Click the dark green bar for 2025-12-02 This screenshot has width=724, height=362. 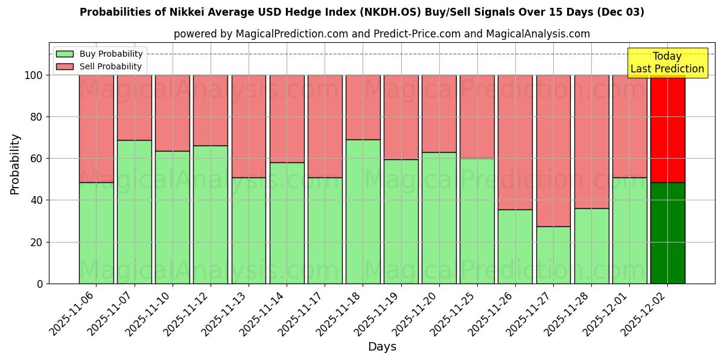667,233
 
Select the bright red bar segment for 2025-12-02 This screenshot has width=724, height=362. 667,129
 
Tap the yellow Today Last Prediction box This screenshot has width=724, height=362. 667,63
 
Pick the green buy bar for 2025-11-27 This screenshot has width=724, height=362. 553,255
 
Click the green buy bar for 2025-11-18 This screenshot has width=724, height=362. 363,211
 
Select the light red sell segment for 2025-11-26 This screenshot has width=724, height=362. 515,142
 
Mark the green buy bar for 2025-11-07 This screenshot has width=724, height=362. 134,212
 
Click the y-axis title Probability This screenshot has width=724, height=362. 15,164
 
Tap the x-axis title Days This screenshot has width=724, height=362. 382,347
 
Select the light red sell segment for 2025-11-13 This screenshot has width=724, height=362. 249,126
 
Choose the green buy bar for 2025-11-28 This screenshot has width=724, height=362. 591,246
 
